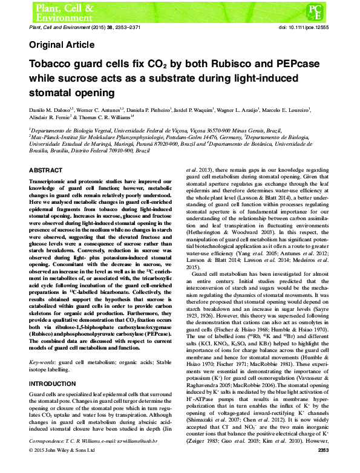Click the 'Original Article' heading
(61, 45)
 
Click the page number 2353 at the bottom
(323, 466)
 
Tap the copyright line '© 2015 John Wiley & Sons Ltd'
(62, 466)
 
